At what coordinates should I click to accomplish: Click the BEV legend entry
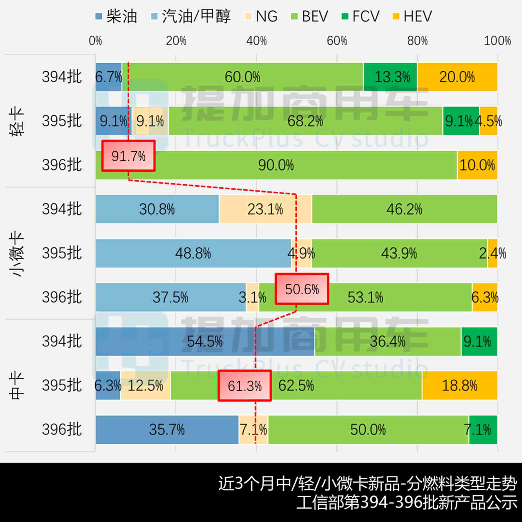pyautogui.click(x=310, y=16)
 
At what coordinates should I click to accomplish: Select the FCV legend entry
pyautogui.click(x=360, y=16)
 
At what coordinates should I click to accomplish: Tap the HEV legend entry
pyautogui.click(x=412, y=16)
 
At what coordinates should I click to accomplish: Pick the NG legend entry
pyautogui.click(x=261, y=16)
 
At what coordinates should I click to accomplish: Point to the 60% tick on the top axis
pyautogui.click(x=337, y=41)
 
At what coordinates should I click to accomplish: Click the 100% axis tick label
pyautogui.click(x=497, y=41)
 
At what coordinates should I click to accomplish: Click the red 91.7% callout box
pyautogui.click(x=128, y=156)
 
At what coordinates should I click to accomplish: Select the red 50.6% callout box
pyautogui.click(x=302, y=289)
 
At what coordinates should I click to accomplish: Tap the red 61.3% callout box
pyautogui.click(x=245, y=386)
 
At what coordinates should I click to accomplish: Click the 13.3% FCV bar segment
pyautogui.click(x=390, y=77)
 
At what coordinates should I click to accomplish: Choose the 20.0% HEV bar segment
pyautogui.click(x=457, y=77)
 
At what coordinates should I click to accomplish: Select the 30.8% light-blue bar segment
pyautogui.click(x=157, y=209)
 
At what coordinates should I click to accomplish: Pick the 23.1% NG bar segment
pyautogui.click(x=265, y=209)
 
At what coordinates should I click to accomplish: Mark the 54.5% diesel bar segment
pyautogui.click(x=205, y=342)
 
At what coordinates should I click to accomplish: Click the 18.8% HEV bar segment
pyautogui.click(x=459, y=386)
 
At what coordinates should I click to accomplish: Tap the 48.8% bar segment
pyautogui.click(x=193, y=253)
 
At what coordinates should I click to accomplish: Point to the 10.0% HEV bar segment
pyautogui.click(x=477, y=165)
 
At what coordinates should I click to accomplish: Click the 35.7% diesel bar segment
pyautogui.click(x=167, y=430)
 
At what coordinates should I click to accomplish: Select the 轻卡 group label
pyautogui.click(x=17, y=121)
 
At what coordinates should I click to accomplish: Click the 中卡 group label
pyautogui.click(x=17, y=386)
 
